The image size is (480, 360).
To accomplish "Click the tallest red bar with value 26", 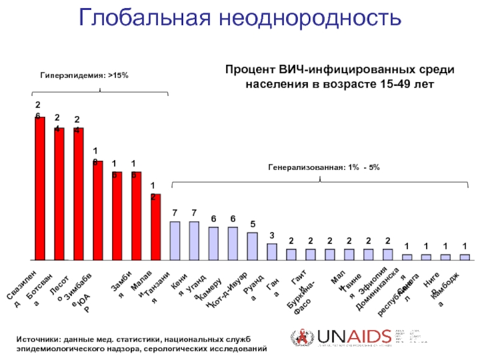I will point(40,188).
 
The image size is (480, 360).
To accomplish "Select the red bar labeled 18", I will point(98,210).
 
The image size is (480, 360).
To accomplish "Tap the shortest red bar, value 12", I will point(155,227).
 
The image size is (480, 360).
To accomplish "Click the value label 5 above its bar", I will point(253,224).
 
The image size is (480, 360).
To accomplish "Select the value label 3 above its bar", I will point(272,235).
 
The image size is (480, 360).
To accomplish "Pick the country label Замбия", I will point(119,289).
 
